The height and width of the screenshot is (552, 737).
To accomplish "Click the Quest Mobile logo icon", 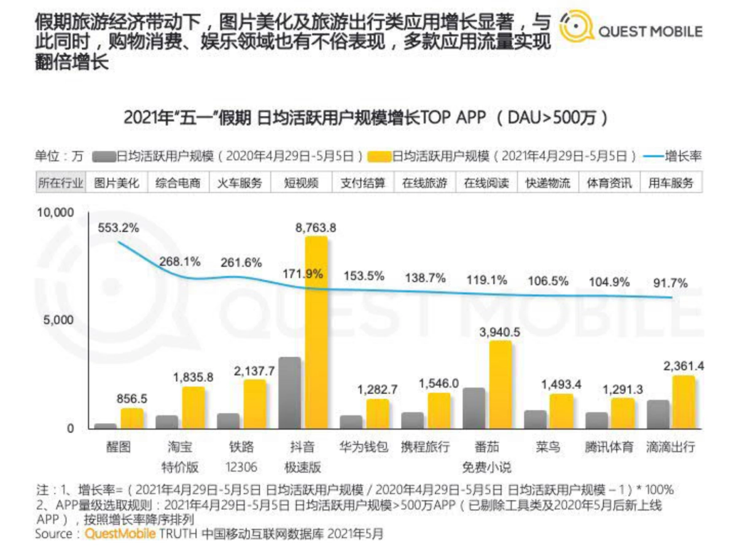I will click(x=576, y=28).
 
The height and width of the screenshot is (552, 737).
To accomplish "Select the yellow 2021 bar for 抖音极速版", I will click(x=316, y=332).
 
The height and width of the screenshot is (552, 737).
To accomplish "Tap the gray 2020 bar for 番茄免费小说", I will click(x=474, y=408).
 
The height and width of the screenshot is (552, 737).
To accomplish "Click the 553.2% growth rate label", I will click(x=118, y=228).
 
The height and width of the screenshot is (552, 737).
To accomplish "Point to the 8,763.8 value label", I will click(x=316, y=228).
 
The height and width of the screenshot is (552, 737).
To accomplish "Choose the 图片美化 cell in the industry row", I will click(x=117, y=183).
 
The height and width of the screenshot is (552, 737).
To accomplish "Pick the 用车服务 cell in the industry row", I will click(x=671, y=183).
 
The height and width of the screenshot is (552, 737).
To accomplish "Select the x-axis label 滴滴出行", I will click(x=671, y=447).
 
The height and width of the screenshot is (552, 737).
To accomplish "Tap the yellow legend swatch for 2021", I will click(x=379, y=157).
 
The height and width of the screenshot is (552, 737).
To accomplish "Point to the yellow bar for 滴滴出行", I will click(x=684, y=402).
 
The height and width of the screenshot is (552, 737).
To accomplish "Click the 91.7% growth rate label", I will click(x=671, y=284).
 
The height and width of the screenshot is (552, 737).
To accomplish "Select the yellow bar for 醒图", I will click(x=131, y=418).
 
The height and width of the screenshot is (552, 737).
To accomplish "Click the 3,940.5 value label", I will click(x=500, y=332).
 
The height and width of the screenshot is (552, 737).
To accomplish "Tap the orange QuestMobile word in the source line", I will click(x=120, y=534).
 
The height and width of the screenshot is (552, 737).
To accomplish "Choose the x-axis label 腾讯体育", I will click(x=609, y=447).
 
